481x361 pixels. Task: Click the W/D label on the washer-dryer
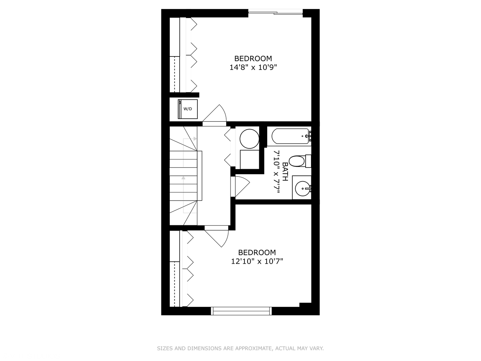click(188, 109)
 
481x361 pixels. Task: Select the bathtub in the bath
click(290, 136)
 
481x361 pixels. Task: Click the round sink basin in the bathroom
click(303, 189)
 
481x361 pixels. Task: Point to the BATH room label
click(285, 171)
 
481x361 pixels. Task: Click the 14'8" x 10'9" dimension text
click(253, 68)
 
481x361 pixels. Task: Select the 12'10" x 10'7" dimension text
click(257, 261)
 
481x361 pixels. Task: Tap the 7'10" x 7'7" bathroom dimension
click(276, 171)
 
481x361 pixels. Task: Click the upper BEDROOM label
click(253, 58)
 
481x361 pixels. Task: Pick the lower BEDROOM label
click(257, 252)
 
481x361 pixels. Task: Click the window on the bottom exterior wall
click(241, 311)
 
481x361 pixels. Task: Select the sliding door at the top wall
click(276, 13)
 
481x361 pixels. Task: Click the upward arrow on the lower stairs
click(183, 178)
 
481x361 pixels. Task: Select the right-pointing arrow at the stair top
click(195, 138)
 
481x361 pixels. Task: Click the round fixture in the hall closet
click(249, 139)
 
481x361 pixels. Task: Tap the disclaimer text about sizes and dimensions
click(240, 348)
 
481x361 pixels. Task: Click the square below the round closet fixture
click(249, 159)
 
